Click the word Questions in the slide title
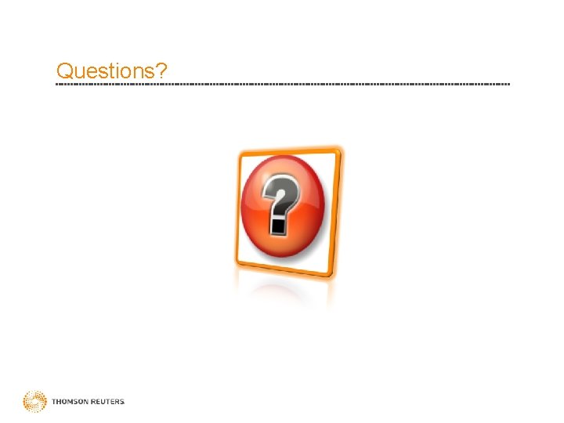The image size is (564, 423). click(106, 71)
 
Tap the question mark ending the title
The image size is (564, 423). click(161, 71)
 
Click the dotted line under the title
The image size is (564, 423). click(282, 84)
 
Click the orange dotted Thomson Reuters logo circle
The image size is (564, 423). click(34, 402)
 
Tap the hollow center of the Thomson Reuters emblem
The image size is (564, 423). click(34, 402)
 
